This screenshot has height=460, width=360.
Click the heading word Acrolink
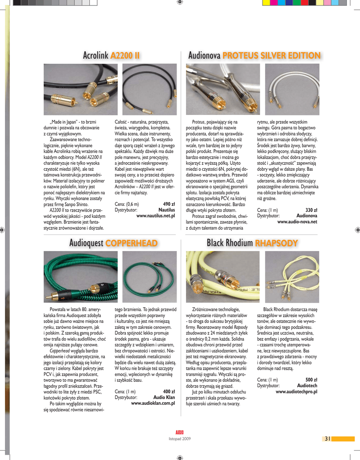pyautogui.click(x=96, y=56)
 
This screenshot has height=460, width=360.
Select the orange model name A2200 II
pyautogui.click(x=125, y=56)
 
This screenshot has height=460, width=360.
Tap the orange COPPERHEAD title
pyautogui.click(x=131, y=243)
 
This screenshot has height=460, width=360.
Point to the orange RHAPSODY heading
pyautogui.click(x=276, y=243)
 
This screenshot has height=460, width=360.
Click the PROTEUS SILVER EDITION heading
pyautogui.click(x=271, y=56)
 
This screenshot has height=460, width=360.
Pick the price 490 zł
pyautogui.click(x=169, y=204)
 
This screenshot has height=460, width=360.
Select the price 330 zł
pyautogui.click(x=311, y=210)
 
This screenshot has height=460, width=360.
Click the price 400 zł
pyautogui.click(x=169, y=391)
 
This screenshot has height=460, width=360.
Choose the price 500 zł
pyautogui.click(x=311, y=380)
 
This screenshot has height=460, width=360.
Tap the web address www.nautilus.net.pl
pyautogui.click(x=156, y=216)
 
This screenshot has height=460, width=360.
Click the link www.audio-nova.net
pyautogui.click(x=297, y=221)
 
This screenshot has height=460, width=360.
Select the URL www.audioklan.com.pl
pyautogui.click(x=153, y=403)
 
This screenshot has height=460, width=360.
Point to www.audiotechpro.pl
pyautogui.click(x=296, y=391)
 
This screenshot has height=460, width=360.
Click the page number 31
pyautogui.click(x=327, y=439)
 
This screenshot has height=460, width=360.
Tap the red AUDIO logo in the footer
pyautogui.click(x=179, y=432)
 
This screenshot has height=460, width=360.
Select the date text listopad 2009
pyautogui.click(x=180, y=438)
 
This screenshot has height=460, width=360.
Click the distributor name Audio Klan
pyautogui.click(x=164, y=397)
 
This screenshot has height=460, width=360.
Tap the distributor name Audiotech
pyautogui.click(x=307, y=385)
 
